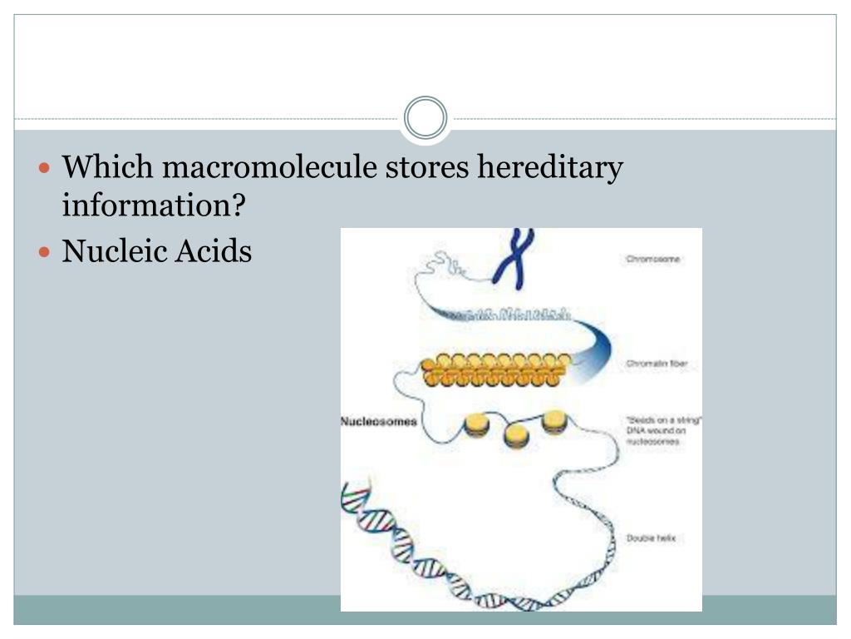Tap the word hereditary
click(x=548, y=168)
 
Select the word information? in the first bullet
click(x=155, y=205)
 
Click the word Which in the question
click(x=108, y=168)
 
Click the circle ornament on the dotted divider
click(x=425, y=118)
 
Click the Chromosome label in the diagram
click(x=652, y=260)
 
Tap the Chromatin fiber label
click(x=656, y=364)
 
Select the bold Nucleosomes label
click(x=379, y=422)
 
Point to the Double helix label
click(x=651, y=538)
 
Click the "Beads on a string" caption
click(x=664, y=431)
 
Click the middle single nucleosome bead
click(x=516, y=434)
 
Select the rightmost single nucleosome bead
click(x=554, y=422)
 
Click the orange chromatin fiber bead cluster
click(x=496, y=369)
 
